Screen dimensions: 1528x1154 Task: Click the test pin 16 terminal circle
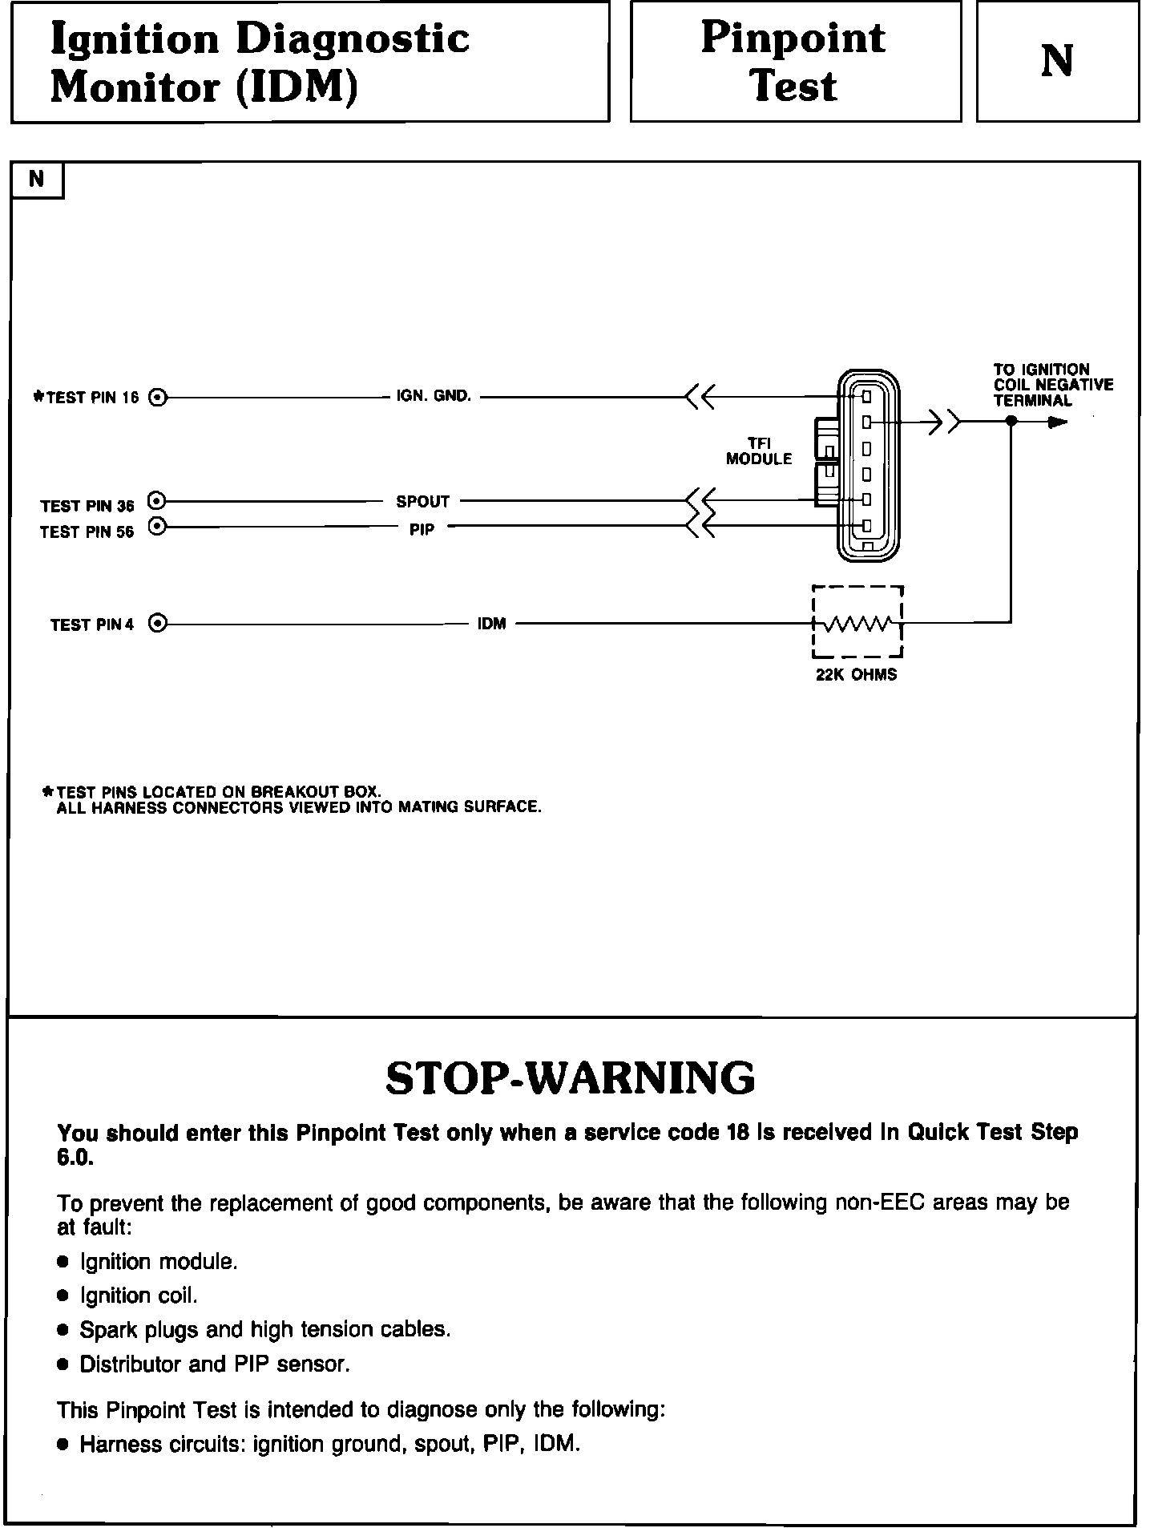pyautogui.click(x=159, y=397)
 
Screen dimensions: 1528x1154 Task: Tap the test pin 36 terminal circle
pyautogui.click(x=157, y=501)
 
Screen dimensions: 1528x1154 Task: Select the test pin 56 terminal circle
pyautogui.click(x=157, y=527)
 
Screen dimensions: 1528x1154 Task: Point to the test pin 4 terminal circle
pyautogui.click(x=159, y=623)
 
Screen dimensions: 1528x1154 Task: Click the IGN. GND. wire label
pyautogui.click(x=434, y=396)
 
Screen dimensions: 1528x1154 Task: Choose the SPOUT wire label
pyautogui.click(x=422, y=502)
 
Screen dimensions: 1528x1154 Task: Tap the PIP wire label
pyautogui.click(x=422, y=530)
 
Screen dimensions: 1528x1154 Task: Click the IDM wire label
pyautogui.click(x=491, y=624)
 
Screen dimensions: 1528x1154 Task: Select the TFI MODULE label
pyautogui.click(x=758, y=451)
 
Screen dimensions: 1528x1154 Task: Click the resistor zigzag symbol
pyautogui.click(x=857, y=623)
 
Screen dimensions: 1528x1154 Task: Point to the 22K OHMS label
pyautogui.click(x=856, y=674)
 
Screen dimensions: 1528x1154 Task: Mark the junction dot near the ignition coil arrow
pyautogui.click(x=1011, y=421)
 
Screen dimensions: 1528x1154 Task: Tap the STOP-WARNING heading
pyautogui.click(x=570, y=1078)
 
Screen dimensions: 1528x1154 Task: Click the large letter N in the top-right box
pyautogui.click(x=1057, y=61)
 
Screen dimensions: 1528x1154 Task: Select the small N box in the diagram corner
pyautogui.click(x=36, y=180)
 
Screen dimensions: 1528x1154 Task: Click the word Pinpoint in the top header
pyautogui.click(x=793, y=38)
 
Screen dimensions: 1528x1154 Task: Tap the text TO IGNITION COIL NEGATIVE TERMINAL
pyautogui.click(x=1052, y=385)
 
